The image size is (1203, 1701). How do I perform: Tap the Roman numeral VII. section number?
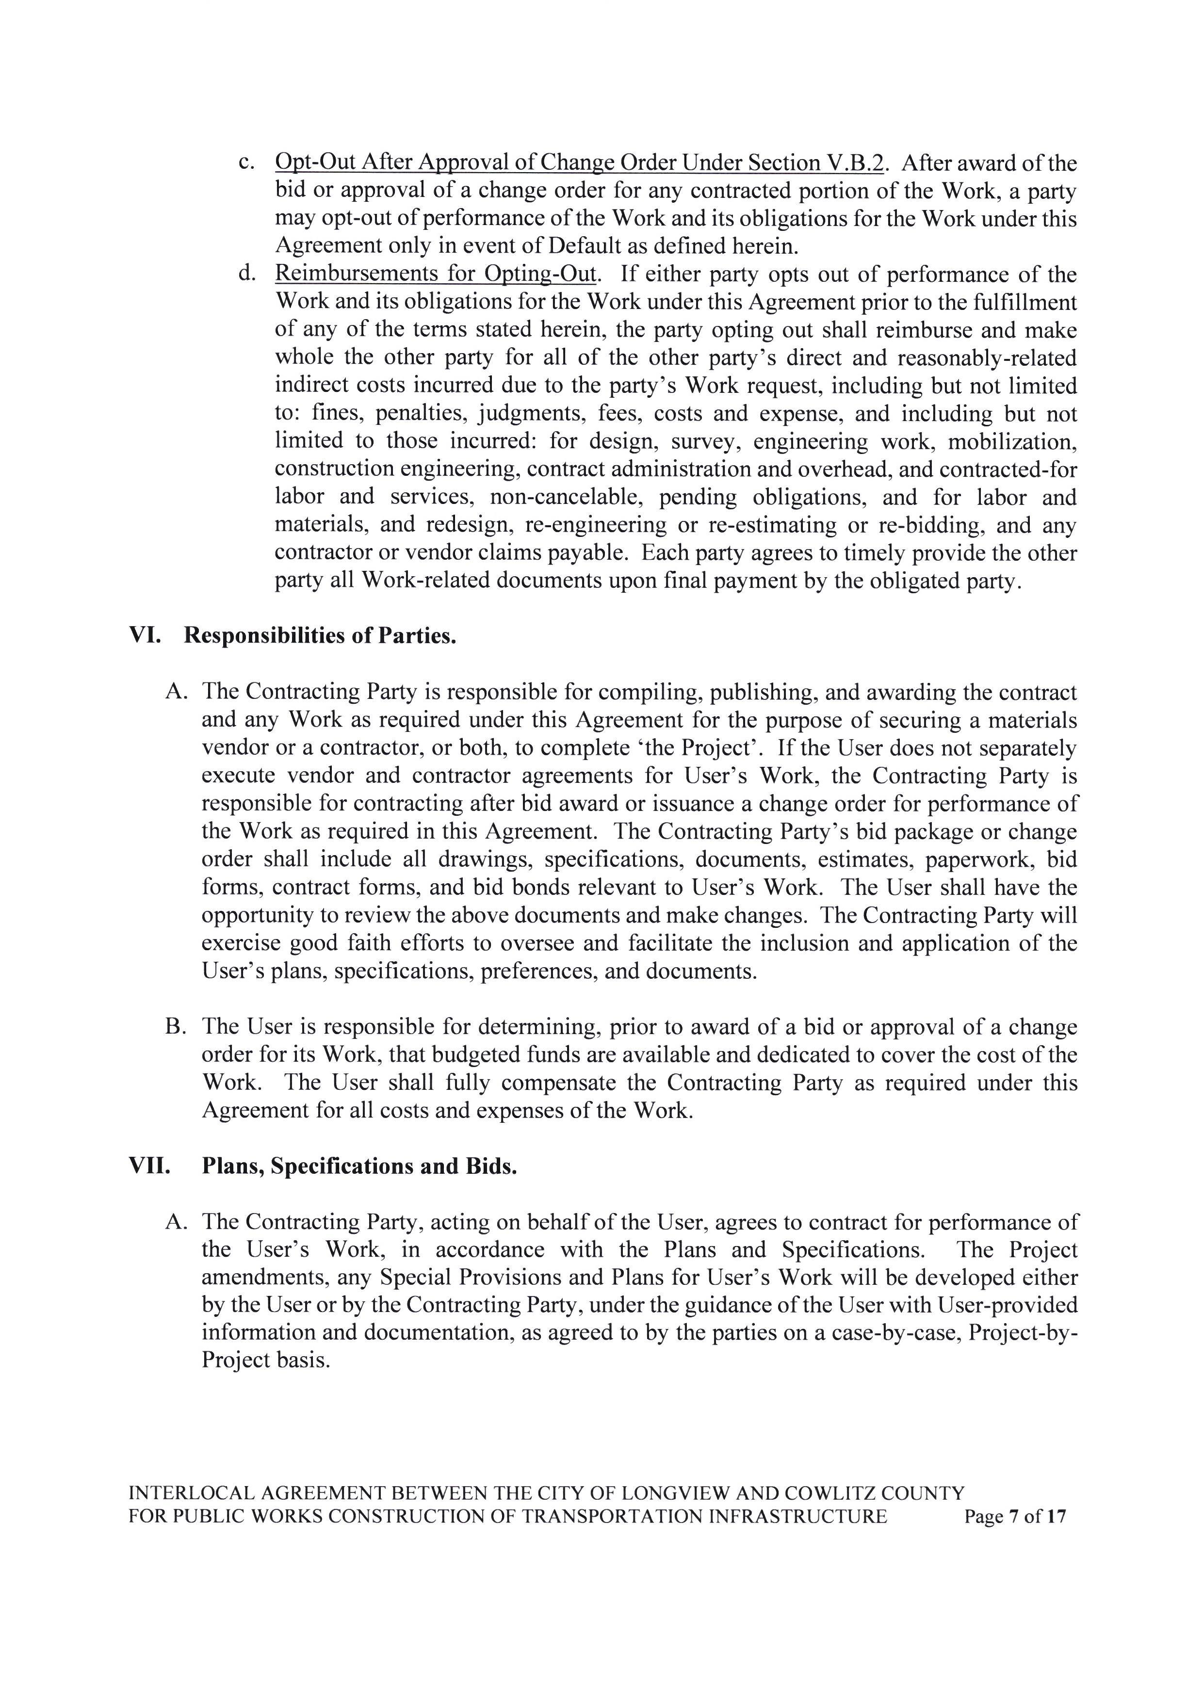(x=149, y=1166)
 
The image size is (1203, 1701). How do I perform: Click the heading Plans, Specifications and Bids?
(x=359, y=1166)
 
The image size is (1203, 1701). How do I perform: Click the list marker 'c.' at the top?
(x=247, y=162)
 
